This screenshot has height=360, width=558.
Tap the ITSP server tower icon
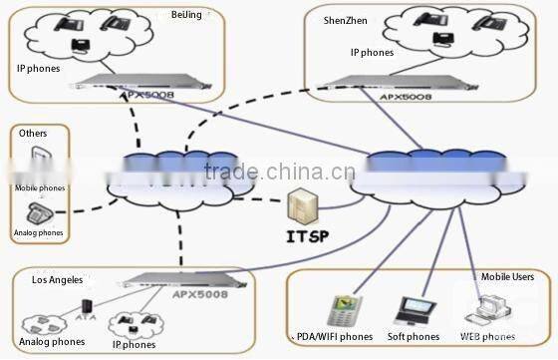coord(303,206)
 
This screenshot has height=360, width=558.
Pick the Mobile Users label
coord(508,276)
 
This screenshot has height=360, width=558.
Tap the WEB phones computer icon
coord(489,311)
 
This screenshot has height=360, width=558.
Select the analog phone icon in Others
coord(39,211)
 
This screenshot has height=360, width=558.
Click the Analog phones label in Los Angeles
coord(51,343)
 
